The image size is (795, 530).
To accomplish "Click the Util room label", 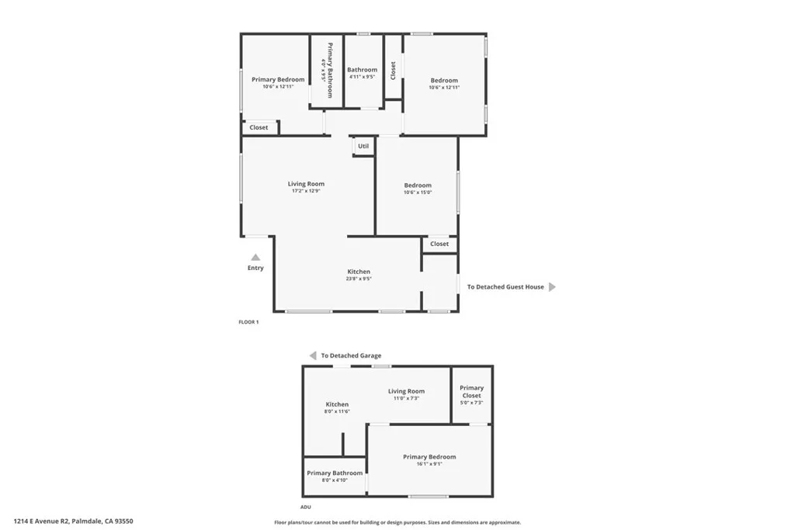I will [x=363, y=146].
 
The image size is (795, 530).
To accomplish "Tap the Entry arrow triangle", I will [x=255, y=258].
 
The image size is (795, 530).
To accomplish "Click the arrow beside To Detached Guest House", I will [x=552, y=287].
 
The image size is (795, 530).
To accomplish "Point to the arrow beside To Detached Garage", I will [x=312, y=355].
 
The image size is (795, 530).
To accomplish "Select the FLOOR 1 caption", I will [x=248, y=321].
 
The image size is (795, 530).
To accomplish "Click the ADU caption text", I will [x=305, y=506].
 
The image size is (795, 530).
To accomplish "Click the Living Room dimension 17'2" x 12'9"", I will [x=306, y=191].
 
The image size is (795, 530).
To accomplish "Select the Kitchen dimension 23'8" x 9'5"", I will [x=359, y=279].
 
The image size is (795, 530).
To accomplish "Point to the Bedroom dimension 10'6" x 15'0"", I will [x=418, y=192].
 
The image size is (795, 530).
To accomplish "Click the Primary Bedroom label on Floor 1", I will [x=278, y=79].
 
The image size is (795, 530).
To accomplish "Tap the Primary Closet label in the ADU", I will [x=471, y=391].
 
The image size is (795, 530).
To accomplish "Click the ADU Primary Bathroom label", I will [x=335, y=473].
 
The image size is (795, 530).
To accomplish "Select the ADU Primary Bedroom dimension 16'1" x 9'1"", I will [x=429, y=464].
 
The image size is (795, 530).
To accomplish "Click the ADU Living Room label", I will [x=406, y=391].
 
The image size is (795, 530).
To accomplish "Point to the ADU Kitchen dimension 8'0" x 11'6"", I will [x=337, y=411].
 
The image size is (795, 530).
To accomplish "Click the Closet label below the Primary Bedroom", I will [x=259, y=127].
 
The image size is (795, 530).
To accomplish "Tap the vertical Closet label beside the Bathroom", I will [x=394, y=71].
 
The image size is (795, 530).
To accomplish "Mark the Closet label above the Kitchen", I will [x=439, y=244].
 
